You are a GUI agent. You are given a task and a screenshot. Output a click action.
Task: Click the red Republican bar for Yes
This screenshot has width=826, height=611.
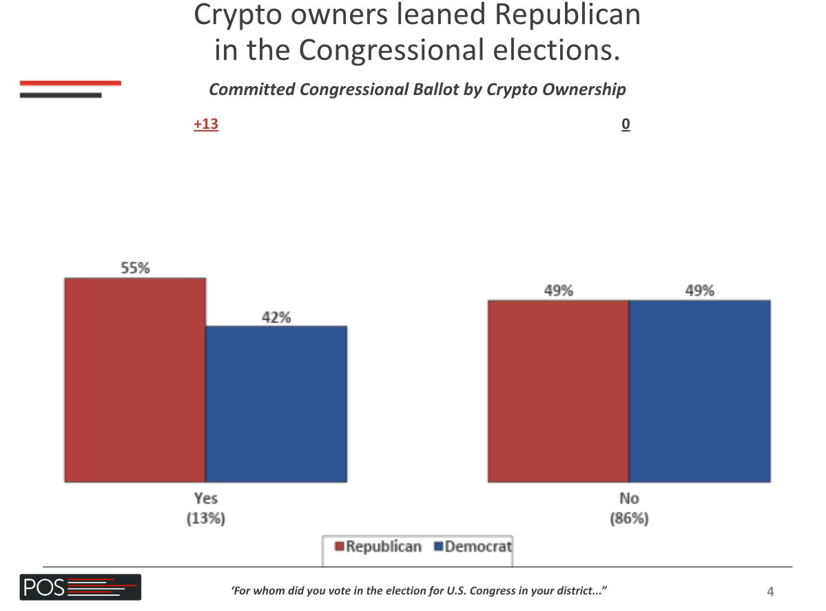[135, 380]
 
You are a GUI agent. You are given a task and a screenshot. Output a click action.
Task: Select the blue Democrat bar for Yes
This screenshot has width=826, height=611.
[276, 404]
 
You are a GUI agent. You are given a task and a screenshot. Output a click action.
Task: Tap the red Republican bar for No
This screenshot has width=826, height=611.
[558, 391]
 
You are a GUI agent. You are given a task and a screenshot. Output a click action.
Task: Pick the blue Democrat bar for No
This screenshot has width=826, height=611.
[699, 391]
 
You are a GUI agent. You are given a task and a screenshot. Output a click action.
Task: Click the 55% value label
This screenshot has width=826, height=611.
[135, 269]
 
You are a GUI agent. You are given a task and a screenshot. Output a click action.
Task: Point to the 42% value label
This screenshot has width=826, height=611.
[276, 317]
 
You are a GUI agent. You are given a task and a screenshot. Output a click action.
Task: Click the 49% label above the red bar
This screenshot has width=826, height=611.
[558, 291]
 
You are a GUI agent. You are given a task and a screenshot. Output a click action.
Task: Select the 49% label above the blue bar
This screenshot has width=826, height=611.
[699, 291]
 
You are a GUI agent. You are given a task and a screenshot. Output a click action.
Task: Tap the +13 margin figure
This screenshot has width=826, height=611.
[206, 125]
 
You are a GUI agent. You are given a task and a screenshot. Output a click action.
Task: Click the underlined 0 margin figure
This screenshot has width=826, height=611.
[626, 125]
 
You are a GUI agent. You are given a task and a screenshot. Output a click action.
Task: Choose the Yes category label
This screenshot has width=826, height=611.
[205, 498]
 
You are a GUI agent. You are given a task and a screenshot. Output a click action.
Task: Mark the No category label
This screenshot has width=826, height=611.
[628, 498]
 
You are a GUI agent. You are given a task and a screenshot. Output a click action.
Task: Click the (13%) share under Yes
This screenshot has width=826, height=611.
[205, 519]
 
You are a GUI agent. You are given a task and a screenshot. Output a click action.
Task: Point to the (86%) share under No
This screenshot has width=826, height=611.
[628, 519]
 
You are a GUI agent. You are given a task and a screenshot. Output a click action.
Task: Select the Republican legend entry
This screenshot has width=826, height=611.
[378, 547]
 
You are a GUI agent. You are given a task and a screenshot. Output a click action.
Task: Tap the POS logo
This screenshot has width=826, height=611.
[80, 588]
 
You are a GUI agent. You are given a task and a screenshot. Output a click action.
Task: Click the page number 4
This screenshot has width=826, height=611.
[770, 591]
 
